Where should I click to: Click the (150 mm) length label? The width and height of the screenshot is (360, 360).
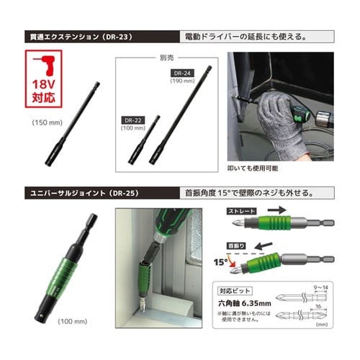tap(45, 123)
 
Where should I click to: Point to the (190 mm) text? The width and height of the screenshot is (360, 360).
tap(179, 82)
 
